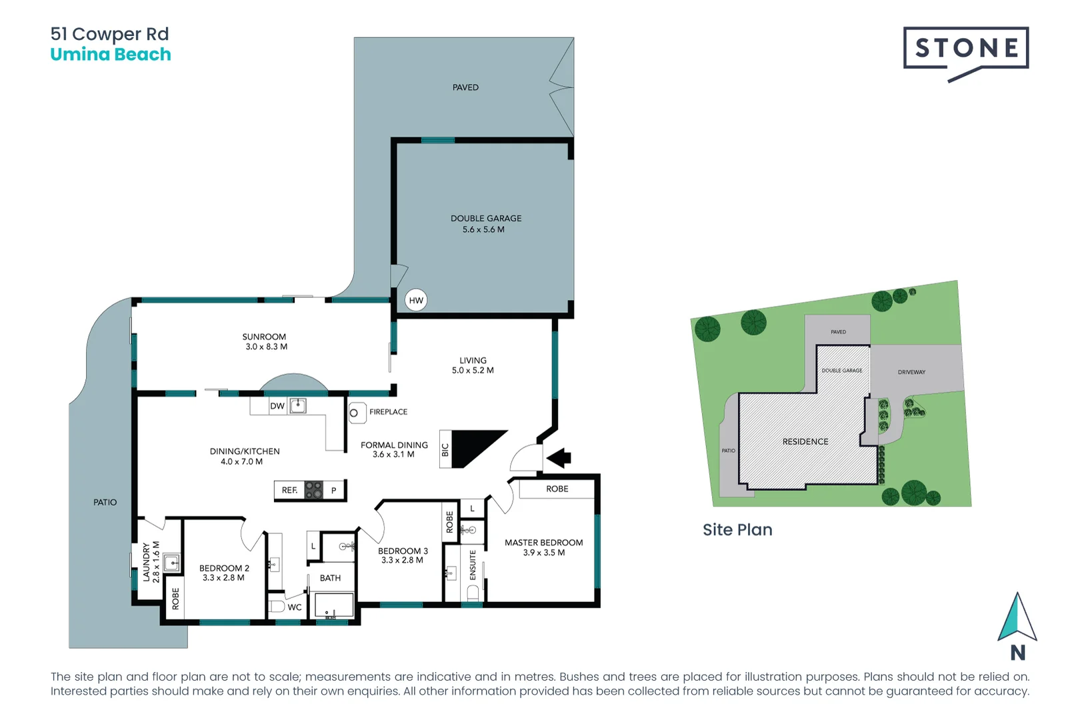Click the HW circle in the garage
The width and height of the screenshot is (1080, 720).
tap(416, 301)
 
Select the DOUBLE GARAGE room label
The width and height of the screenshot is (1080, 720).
tap(486, 219)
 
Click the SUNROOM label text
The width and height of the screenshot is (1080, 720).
tap(264, 337)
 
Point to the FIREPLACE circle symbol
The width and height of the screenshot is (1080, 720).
tap(354, 413)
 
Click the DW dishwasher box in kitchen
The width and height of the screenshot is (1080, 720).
tap(277, 406)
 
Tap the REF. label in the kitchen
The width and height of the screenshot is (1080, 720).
tap(289, 491)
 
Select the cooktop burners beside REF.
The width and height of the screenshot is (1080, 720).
tap(313, 490)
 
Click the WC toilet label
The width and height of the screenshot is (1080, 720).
tap(295, 607)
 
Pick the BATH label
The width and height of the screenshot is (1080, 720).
tap(330, 578)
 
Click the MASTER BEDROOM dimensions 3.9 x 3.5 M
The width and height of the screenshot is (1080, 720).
tap(543, 553)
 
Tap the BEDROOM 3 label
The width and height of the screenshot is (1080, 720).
tap(403, 551)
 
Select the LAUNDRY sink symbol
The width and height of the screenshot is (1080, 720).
tap(172, 563)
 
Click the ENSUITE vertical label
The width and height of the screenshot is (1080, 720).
tap(473, 565)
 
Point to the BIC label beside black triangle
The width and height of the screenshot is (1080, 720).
tap(445, 451)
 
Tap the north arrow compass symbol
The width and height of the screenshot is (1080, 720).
tap(1017, 618)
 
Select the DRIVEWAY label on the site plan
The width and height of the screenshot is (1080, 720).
tap(911, 372)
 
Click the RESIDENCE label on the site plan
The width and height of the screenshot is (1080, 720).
tap(805, 442)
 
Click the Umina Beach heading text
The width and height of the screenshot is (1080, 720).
tap(111, 55)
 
